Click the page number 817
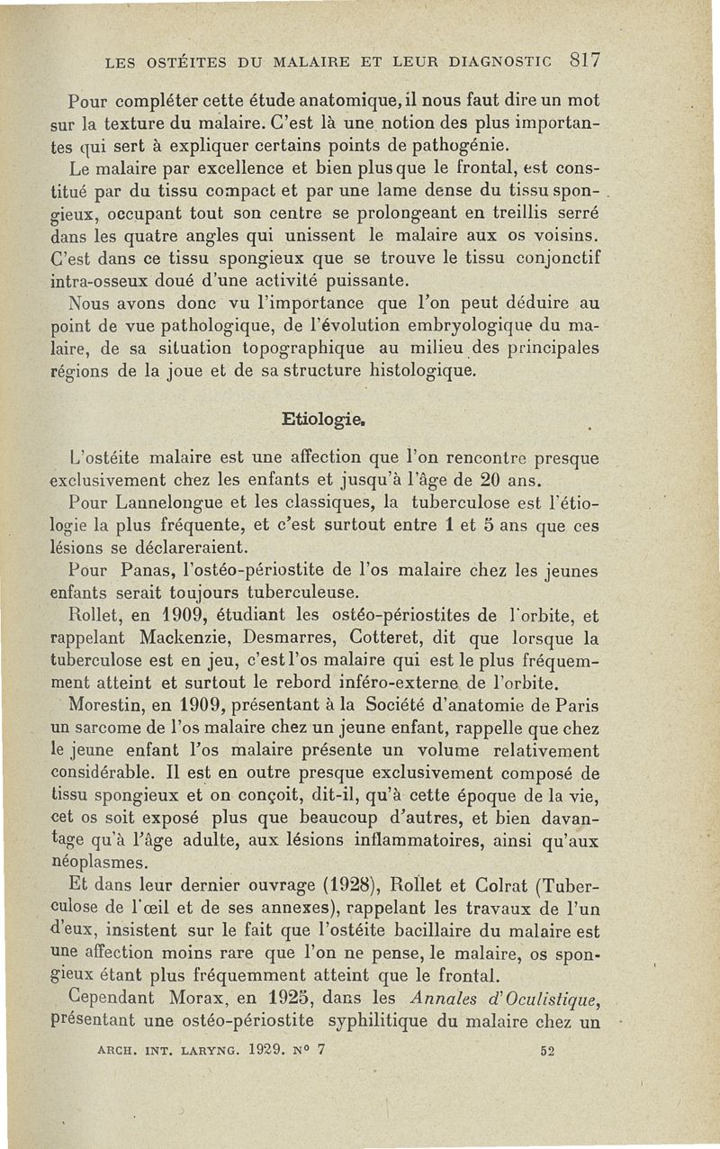(x=584, y=61)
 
